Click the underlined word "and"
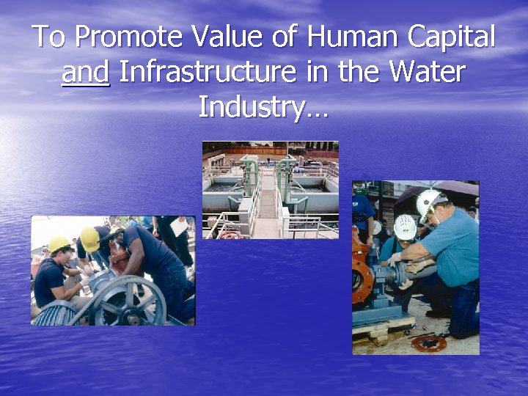(x=86, y=72)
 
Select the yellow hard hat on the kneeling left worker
(x=59, y=244)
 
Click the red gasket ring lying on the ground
(x=428, y=342)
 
